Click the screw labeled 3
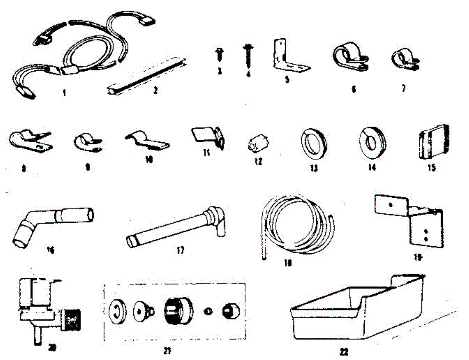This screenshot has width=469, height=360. click(x=219, y=54)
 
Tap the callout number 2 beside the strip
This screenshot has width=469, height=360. click(x=155, y=90)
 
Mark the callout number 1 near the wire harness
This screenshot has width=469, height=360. click(x=64, y=93)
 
